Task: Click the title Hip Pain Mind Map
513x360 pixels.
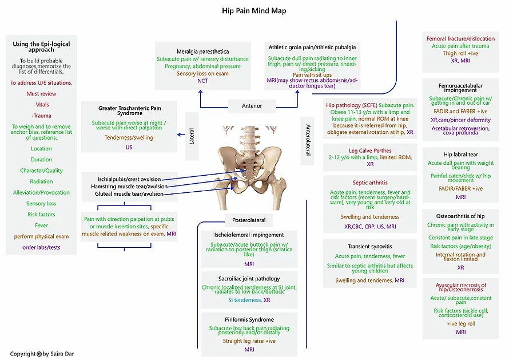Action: [x=254, y=11]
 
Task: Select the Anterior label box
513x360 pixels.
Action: [x=252, y=105]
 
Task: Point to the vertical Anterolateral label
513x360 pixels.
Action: [x=308, y=140]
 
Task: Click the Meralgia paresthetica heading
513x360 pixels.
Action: [x=202, y=50]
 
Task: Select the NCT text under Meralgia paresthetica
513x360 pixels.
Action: [x=202, y=81]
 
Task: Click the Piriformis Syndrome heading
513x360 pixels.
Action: [x=249, y=319]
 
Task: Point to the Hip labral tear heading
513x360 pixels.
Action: [x=460, y=155]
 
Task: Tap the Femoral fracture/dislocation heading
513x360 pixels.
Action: [x=460, y=39]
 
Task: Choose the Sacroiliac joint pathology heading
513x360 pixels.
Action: [x=249, y=279]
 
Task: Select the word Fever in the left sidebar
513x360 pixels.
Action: [x=41, y=226]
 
